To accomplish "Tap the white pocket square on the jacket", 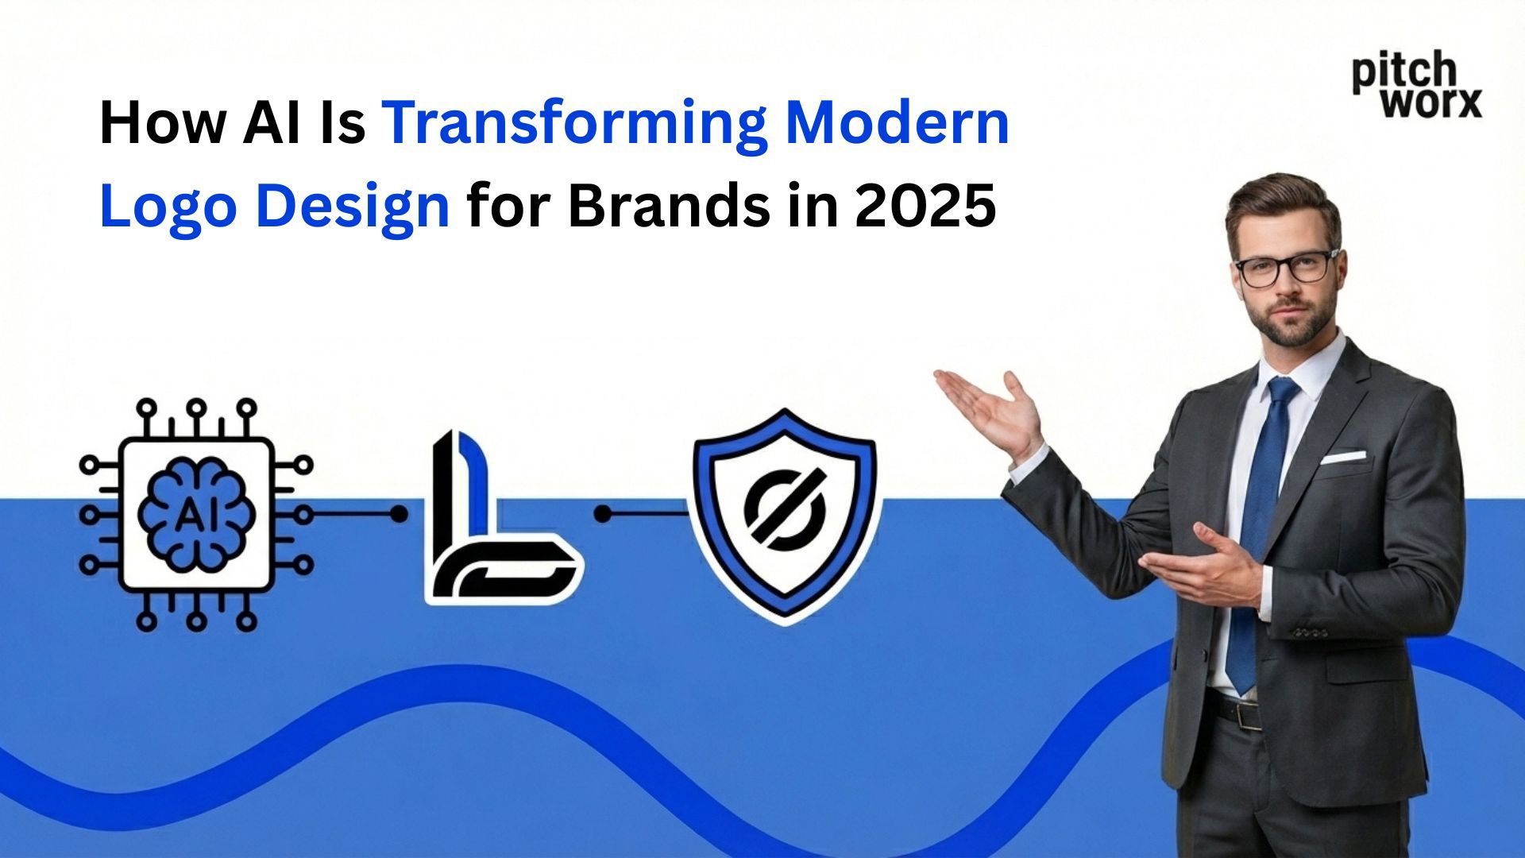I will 1343,458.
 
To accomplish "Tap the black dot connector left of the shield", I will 603,515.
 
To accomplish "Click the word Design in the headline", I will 353,206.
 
